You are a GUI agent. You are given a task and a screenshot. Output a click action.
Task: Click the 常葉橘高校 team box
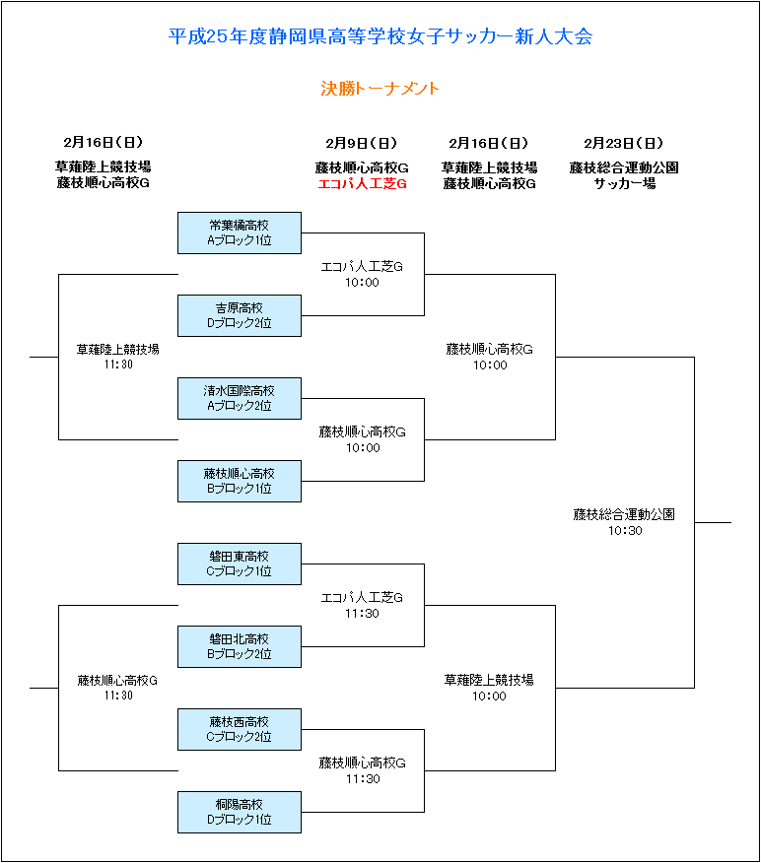click(x=240, y=232)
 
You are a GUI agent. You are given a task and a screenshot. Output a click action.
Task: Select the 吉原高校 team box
click(x=240, y=315)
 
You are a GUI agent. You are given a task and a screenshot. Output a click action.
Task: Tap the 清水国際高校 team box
click(x=240, y=398)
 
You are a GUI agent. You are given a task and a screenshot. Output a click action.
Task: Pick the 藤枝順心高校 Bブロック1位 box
click(x=240, y=481)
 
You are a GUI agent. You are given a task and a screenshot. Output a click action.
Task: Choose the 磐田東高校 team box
click(x=240, y=564)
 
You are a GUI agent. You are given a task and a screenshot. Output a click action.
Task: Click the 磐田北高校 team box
click(x=240, y=646)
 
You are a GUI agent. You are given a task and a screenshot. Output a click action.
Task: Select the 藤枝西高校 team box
click(x=240, y=729)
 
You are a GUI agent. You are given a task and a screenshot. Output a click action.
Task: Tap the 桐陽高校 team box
click(x=240, y=813)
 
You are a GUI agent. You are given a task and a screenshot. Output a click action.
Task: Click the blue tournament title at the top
click(x=380, y=36)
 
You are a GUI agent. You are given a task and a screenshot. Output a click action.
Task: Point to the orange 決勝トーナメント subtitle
click(x=380, y=89)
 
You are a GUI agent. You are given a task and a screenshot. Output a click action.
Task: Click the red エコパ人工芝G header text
click(x=363, y=184)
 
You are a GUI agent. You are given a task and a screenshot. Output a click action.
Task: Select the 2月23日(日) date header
click(x=624, y=143)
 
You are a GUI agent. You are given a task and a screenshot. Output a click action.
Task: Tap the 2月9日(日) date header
click(x=361, y=143)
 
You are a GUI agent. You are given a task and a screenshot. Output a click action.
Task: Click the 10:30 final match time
click(x=625, y=531)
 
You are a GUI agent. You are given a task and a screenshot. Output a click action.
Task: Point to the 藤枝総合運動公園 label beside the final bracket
click(x=624, y=514)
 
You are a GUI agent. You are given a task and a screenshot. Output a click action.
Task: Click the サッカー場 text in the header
click(x=625, y=184)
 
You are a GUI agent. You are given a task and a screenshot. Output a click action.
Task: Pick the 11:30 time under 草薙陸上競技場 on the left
click(x=118, y=365)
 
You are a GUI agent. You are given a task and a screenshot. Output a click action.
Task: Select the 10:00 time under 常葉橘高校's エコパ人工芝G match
click(x=363, y=283)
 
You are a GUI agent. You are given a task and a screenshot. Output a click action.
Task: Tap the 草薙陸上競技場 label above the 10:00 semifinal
click(x=489, y=681)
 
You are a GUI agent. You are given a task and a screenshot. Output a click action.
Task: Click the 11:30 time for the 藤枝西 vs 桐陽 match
click(x=363, y=779)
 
